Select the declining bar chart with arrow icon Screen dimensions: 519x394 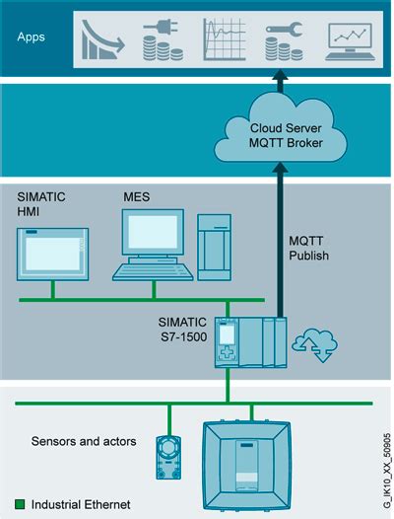pos(103,37)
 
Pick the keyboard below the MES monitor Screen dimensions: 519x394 pos(153,270)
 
